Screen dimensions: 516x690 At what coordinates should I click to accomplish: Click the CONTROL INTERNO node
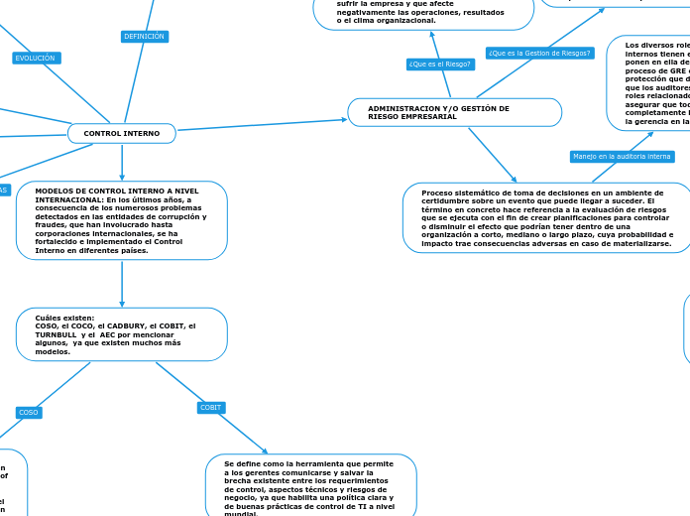coord(122,133)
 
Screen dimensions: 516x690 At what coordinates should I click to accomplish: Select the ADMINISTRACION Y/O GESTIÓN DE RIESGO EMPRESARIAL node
coord(454,112)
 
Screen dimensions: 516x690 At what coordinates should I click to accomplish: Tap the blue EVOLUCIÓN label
coord(36,59)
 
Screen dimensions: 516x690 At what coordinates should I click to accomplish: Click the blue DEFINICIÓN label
coord(144,37)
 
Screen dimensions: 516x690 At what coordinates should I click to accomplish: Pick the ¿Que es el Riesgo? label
coord(440,64)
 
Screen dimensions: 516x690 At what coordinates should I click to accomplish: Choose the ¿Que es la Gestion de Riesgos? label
coord(539,53)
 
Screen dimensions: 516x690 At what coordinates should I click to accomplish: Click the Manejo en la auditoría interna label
coord(622,156)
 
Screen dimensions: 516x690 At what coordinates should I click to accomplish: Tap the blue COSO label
coord(29,412)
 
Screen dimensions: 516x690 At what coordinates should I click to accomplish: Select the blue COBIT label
coord(211,408)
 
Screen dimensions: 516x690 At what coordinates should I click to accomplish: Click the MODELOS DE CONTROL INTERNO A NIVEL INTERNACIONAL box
coord(122,220)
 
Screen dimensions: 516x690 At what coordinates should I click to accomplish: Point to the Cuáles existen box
coord(122,334)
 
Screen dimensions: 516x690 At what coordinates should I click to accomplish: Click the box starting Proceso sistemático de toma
coord(547,217)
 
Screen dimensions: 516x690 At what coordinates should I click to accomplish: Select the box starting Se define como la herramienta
coord(310,486)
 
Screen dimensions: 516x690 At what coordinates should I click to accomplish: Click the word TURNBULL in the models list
coord(57,334)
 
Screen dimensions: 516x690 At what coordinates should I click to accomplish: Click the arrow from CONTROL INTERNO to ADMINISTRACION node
coord(263,125)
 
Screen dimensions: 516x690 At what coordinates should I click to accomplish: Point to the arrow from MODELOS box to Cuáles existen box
coord(122,284)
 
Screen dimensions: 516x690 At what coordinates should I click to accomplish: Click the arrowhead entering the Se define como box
coord(264,451)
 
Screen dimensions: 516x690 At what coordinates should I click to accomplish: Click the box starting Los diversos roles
coord(649,83)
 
